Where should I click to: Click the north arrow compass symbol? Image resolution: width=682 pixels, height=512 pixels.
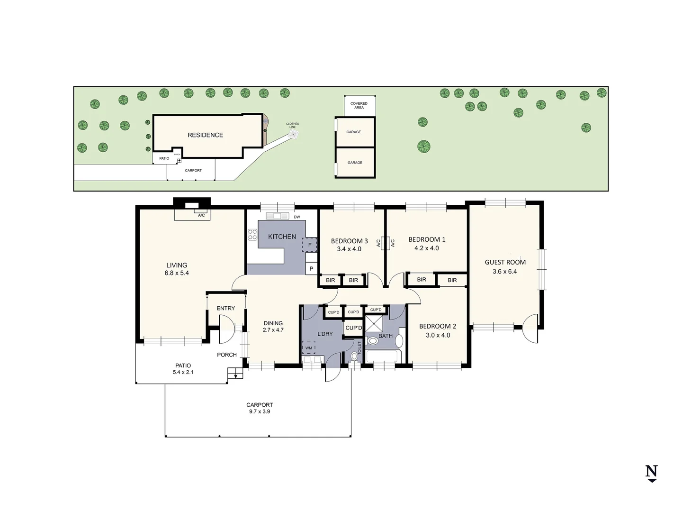point(652,473)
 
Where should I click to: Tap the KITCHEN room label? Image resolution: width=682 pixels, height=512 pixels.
point(282,237)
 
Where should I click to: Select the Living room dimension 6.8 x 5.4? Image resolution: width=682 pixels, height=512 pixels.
point(177,273)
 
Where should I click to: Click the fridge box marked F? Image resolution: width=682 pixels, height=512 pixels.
point(310,245)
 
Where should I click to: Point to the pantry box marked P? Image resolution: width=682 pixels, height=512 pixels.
point(311,269)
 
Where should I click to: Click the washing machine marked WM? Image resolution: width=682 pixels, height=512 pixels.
point(309,348)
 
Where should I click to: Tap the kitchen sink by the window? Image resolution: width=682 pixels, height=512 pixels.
point(278,216)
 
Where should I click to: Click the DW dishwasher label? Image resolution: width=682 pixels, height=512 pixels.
point(297,217)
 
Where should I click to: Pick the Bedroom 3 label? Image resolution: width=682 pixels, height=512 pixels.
point(349,241)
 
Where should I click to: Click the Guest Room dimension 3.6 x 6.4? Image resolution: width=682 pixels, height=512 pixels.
point(505,272)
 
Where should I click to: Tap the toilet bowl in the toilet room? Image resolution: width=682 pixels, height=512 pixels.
point(354,356)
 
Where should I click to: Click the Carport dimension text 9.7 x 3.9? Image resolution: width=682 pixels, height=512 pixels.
point(260,411)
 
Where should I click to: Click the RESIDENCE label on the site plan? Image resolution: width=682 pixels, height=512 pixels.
point(205,135)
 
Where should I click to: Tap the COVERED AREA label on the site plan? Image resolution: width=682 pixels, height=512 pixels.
point(359,105)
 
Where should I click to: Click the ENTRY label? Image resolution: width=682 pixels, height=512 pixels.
point(225,308)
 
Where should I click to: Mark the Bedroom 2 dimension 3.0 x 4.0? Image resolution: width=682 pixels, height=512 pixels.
point(438,335)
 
